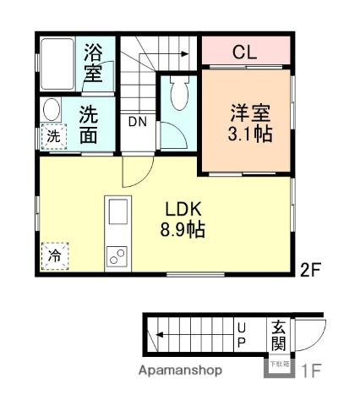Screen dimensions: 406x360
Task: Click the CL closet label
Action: tap(244, 52)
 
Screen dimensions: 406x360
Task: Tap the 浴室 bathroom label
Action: tap(93, 63)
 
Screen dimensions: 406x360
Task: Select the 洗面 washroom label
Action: tap(88, 124)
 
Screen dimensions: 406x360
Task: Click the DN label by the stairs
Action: tap(137, 122)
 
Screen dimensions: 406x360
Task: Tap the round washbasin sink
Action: tap(52, 111)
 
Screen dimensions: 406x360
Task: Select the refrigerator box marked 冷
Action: tap(54, 255)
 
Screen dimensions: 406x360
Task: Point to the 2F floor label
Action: tap(311, 271)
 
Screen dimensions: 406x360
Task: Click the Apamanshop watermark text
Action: tap(181, 370)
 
